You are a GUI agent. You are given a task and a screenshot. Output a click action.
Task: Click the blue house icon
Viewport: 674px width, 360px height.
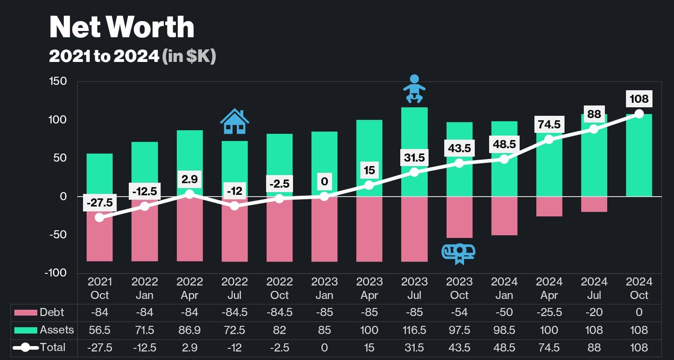[x=235, y=121]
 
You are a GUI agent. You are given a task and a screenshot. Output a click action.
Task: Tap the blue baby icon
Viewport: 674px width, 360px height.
[x=414, y=89]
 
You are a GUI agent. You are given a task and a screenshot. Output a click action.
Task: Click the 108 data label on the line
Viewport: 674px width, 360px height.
[x=639, y=99]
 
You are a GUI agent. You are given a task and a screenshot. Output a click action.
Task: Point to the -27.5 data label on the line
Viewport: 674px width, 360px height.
[x=100, y=202]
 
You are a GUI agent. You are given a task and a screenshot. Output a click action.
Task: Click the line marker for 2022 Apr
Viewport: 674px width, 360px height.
[x=189, y=194]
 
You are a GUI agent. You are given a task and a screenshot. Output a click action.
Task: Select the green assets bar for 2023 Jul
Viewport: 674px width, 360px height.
[x=414, y=152]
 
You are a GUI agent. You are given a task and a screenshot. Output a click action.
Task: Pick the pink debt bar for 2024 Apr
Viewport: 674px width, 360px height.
[x=549, y=206]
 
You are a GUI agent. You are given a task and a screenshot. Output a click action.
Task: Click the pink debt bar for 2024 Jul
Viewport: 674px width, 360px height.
[x=594, y=204]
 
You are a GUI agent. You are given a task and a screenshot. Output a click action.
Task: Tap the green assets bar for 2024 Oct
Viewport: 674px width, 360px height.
[x=639, y=155]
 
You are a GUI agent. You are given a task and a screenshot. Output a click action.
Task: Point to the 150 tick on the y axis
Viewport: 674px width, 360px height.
[x=58, y=81]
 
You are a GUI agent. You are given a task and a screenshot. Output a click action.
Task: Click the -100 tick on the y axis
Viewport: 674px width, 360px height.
[x=56, y=273]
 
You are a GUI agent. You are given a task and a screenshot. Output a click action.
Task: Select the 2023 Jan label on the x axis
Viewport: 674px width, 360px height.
[x=324, y=288]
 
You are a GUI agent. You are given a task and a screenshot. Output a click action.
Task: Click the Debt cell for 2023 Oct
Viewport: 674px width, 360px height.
[x=459, y=312]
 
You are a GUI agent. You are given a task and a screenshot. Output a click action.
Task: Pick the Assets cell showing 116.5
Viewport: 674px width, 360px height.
[x=414, y=330]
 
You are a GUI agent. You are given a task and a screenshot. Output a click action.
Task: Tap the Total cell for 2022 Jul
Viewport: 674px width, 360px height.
[x=234, y=348]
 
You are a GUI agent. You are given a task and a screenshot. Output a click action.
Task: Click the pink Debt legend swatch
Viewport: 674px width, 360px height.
[x=26, y=312]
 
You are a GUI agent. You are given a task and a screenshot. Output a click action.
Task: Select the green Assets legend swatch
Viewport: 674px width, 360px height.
[x=26, y=330]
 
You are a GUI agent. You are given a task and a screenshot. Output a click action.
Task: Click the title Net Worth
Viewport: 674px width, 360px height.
[x=122, y=27]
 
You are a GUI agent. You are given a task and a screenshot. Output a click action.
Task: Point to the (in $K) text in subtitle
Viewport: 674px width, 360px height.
[x=189, y=56]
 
